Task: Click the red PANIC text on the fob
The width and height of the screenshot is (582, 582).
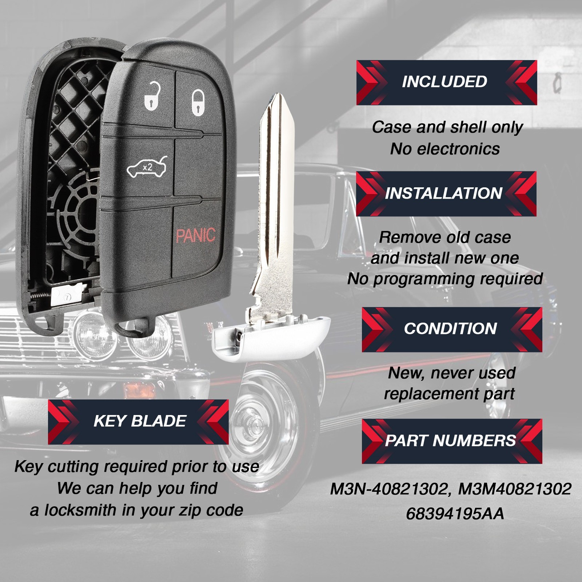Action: point(196,235)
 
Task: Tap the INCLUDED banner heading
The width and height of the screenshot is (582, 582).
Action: point(445,81)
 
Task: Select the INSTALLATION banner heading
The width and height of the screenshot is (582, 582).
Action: point(444,193)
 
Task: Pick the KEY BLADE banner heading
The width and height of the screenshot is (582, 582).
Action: point(140,421)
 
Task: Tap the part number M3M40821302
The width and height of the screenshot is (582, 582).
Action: point(515,489)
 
